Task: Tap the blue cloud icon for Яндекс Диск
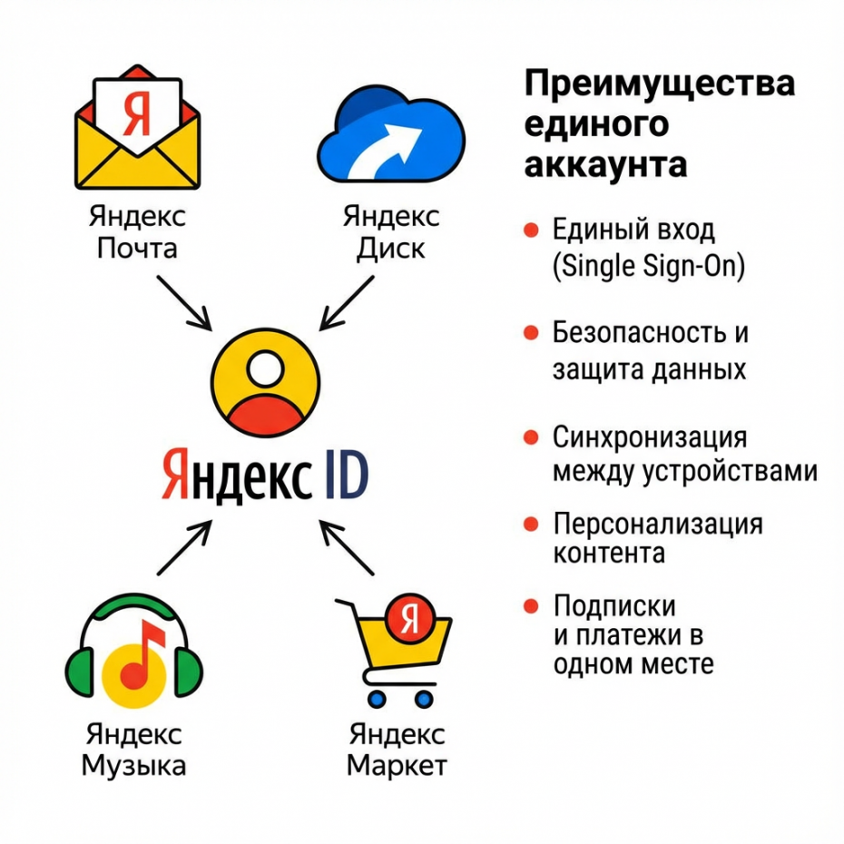click(389, 136)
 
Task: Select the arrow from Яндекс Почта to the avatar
click(185, 300)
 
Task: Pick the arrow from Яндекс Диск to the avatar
click(345, 302)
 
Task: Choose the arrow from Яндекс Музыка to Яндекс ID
click(185, 547)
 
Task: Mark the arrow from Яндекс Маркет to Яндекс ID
click(347, 546)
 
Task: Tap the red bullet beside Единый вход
click(532, 230)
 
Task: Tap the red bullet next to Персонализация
click(532, 525)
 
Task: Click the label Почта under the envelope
click(137, 248)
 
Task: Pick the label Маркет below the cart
click(397, 765)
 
